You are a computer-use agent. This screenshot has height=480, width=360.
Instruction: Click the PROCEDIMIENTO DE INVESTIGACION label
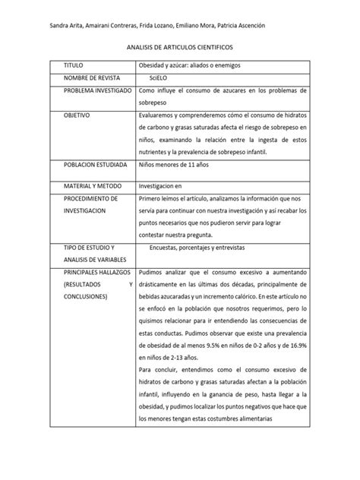[90, 204]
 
